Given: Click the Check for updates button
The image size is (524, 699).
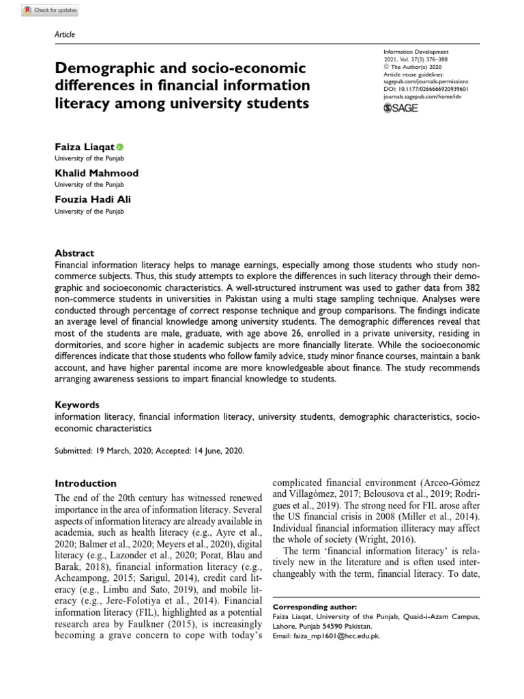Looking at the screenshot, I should click(x=41, y=10).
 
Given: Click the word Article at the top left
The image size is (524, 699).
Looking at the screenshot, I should click(x=64, y=35).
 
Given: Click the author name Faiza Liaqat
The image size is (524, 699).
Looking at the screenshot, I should click(x=84, y=146).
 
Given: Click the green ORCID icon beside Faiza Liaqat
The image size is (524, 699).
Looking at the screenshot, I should click(x=121, y=147).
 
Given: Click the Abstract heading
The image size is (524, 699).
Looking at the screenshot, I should click(x=74, y=253).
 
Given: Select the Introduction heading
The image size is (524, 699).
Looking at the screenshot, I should click(x=85, y=483).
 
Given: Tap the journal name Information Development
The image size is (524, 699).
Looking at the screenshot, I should click(x=419, y=52).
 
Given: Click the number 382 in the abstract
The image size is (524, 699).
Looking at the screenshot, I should click(x=458, y=288).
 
